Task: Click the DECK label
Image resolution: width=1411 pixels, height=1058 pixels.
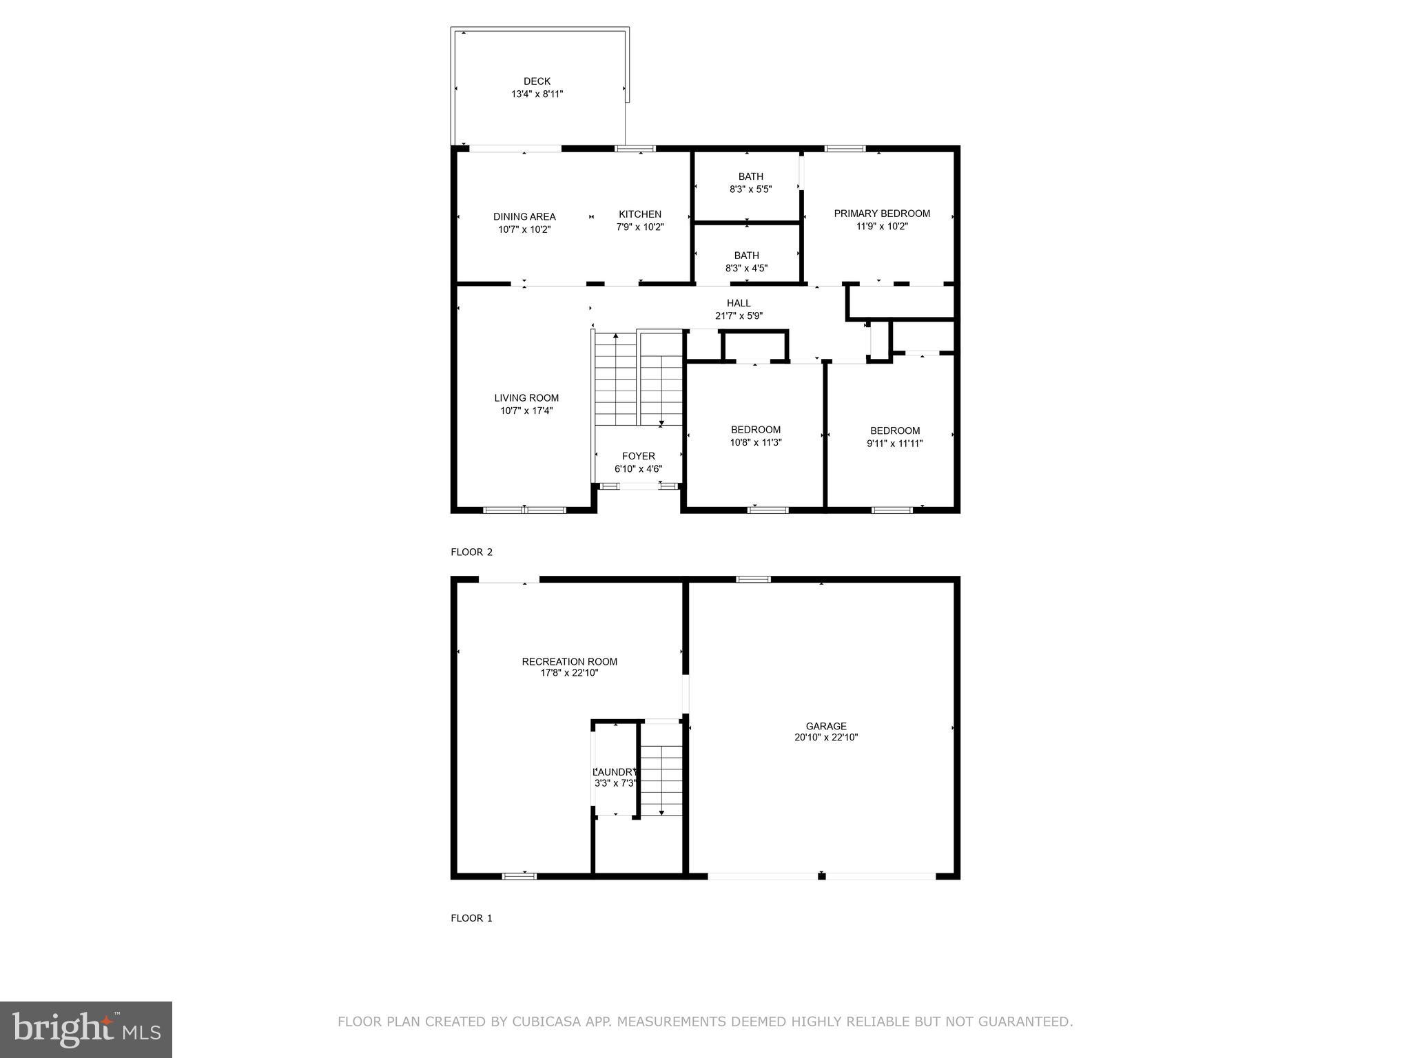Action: (537, 81)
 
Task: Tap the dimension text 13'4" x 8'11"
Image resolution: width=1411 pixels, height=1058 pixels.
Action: (537, 94)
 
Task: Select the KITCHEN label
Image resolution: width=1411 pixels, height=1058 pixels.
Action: (639, 214)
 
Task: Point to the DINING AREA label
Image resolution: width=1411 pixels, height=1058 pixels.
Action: (524, 217)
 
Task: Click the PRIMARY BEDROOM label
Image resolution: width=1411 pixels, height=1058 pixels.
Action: (882, 214)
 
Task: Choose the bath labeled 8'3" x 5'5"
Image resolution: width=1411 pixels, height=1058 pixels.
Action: (750, 183)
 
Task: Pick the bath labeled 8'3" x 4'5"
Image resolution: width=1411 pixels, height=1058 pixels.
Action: (746, 262)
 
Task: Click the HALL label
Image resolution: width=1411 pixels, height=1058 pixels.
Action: (739, 303)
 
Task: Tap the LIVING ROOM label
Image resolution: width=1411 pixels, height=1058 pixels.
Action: (526, 398)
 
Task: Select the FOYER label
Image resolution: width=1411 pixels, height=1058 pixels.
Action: (639, 456)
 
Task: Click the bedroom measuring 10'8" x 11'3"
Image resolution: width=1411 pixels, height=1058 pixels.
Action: (756, 436)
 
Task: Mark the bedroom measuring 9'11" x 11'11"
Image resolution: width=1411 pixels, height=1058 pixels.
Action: (894, 437)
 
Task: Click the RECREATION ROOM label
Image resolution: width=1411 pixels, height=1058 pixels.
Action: (569, 662)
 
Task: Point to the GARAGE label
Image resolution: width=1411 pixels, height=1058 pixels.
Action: (826, 726)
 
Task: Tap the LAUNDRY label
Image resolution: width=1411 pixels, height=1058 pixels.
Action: (615, 772)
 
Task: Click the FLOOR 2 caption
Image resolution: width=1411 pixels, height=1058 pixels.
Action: (471, 552)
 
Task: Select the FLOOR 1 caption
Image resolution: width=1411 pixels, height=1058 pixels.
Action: (471, 918)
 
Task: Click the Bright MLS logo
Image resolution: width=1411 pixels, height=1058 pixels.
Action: (86, 1030)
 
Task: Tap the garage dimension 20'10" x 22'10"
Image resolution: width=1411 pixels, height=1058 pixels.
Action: (826, 738)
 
